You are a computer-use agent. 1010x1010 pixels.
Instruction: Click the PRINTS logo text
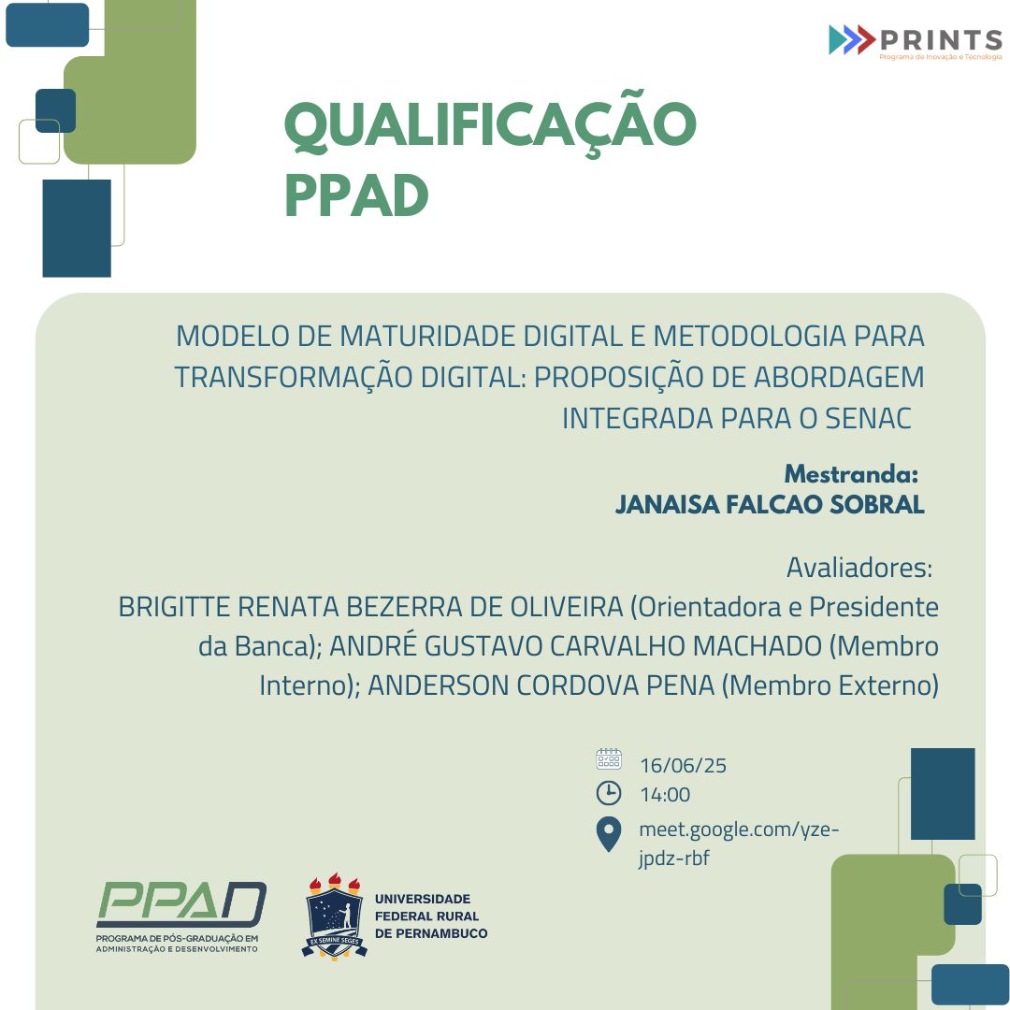point(940,40)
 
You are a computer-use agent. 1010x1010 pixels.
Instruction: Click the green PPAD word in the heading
point(356,195)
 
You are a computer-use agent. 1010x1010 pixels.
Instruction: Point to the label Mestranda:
point(851,474)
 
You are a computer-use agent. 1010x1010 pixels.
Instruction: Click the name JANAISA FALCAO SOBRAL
point(770,505)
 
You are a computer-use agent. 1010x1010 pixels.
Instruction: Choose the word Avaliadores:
point(859,568)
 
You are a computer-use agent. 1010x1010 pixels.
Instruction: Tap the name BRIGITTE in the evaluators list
point(175,607)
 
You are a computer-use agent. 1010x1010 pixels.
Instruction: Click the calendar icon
point(609,759)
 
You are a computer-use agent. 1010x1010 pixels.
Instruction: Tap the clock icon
point(609,793)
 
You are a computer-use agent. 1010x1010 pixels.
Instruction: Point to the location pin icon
point(609,833)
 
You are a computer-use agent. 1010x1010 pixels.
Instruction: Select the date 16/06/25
point(683,766)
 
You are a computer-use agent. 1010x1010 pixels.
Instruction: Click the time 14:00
point(665,795)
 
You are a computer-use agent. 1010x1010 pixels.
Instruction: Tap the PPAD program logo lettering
point(181,905)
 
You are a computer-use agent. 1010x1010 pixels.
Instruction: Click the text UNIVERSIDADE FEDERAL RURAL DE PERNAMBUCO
point(430,916)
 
